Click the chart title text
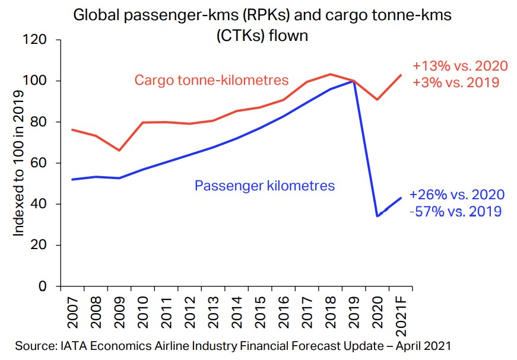[x=262, y=25]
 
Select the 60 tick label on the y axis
[x=39, y=163]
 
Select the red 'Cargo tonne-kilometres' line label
[x=211, y=80]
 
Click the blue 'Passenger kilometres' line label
[x=265, y=186]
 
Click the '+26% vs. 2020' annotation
[x=458, y=195]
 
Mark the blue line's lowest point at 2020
[x=378, y=216]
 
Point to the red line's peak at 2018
[x=331, y=74]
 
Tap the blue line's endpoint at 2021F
[x=401, y=198]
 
